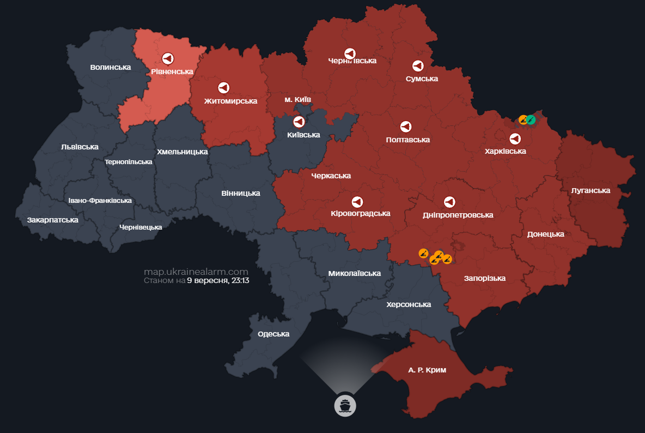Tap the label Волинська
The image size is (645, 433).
[x=111, y=67]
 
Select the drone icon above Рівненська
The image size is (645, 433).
[x=168, y=58]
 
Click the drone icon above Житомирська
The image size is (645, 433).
[x=223, y=87]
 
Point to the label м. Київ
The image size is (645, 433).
[x=298, y=100]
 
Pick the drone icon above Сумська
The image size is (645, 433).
[x=418, y=65]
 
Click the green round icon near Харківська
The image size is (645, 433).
[x=531, y=119]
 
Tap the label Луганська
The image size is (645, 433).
[x=591, y=190]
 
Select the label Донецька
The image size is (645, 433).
[x=545, y=234]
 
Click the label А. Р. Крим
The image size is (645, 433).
[x=427, y=370]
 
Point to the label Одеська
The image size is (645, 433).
[x=273, y=334]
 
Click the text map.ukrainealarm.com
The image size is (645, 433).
[x=196, y=272]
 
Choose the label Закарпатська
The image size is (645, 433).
[x=53, y=220]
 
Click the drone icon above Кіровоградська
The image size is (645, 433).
[x=357, y=202]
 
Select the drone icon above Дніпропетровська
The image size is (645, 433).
[x=449, y=202]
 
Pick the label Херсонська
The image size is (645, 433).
[x=409, y=304]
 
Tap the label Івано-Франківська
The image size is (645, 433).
[x=100, y=201]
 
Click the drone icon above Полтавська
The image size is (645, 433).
[x=406, y=127]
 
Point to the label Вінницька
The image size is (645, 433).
[x=241, y=193]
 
